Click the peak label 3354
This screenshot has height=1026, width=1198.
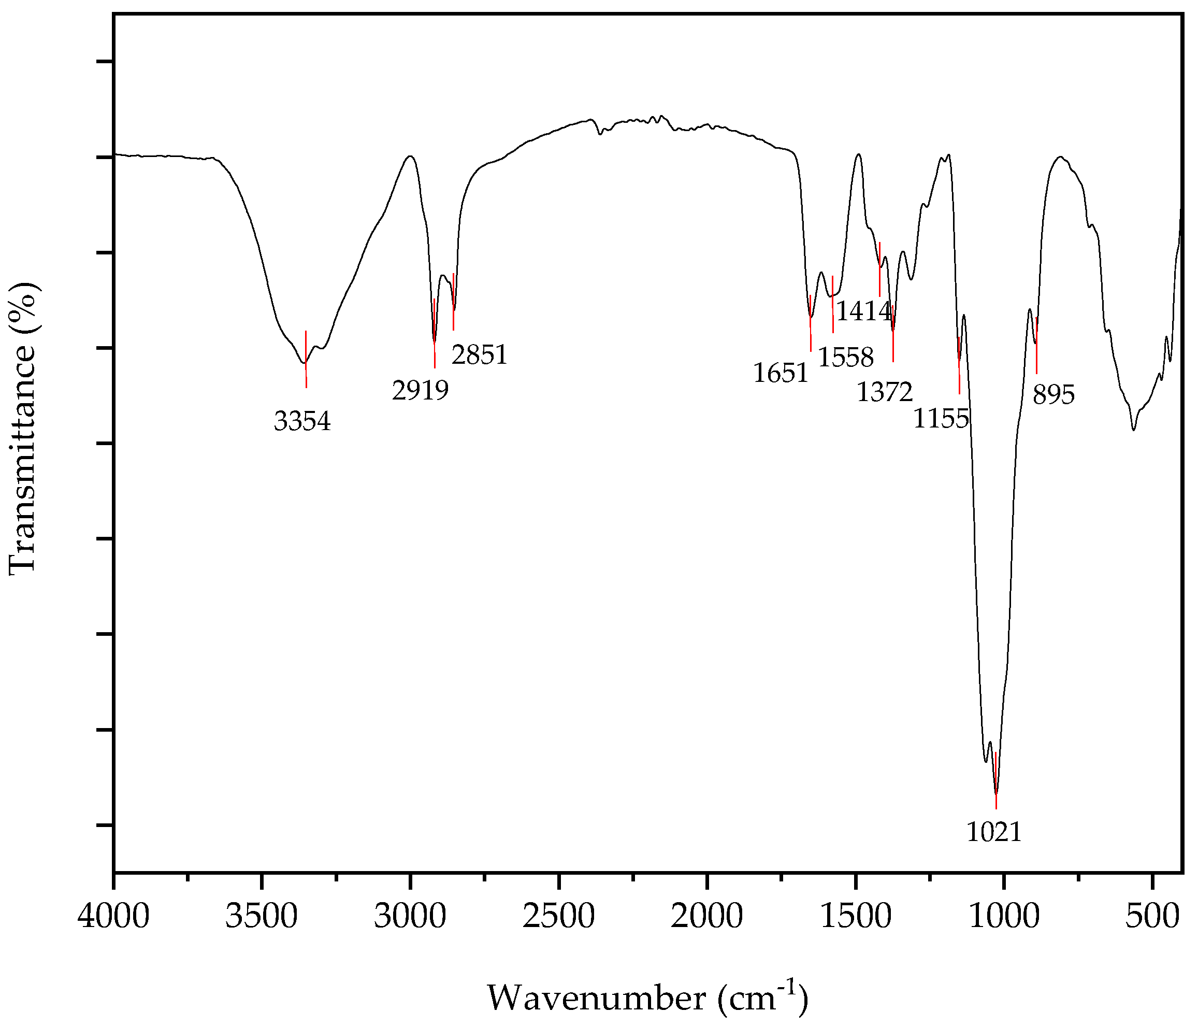pos(302,422)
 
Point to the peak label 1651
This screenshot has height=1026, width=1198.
pos(781,374)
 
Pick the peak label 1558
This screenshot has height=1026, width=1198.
pos(845,359)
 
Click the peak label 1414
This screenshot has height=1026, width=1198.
pos(864,312)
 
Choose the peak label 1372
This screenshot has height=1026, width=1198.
pos(885,393)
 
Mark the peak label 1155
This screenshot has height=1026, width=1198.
pos(941,419)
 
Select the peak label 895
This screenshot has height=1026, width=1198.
pos(1054,395)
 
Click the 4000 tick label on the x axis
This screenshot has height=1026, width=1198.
pos(114,918)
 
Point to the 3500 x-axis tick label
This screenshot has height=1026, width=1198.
pos(262,918)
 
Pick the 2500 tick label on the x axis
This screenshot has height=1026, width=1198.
pos(559,918)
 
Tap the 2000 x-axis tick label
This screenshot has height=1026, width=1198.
pos(707,918)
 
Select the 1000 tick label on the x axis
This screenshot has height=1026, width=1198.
pos(1004,918)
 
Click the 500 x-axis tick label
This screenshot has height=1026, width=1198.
pos(1152,918)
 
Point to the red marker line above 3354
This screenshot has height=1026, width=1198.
pos(306,359)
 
